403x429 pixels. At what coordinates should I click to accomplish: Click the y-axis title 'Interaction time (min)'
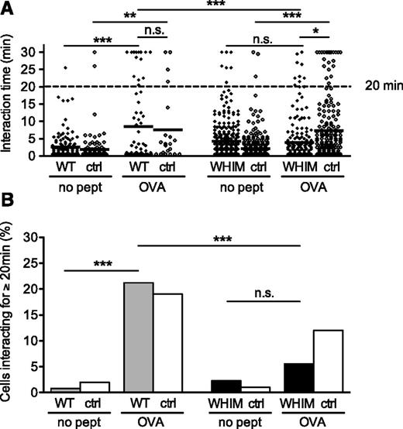pos(12,99)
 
